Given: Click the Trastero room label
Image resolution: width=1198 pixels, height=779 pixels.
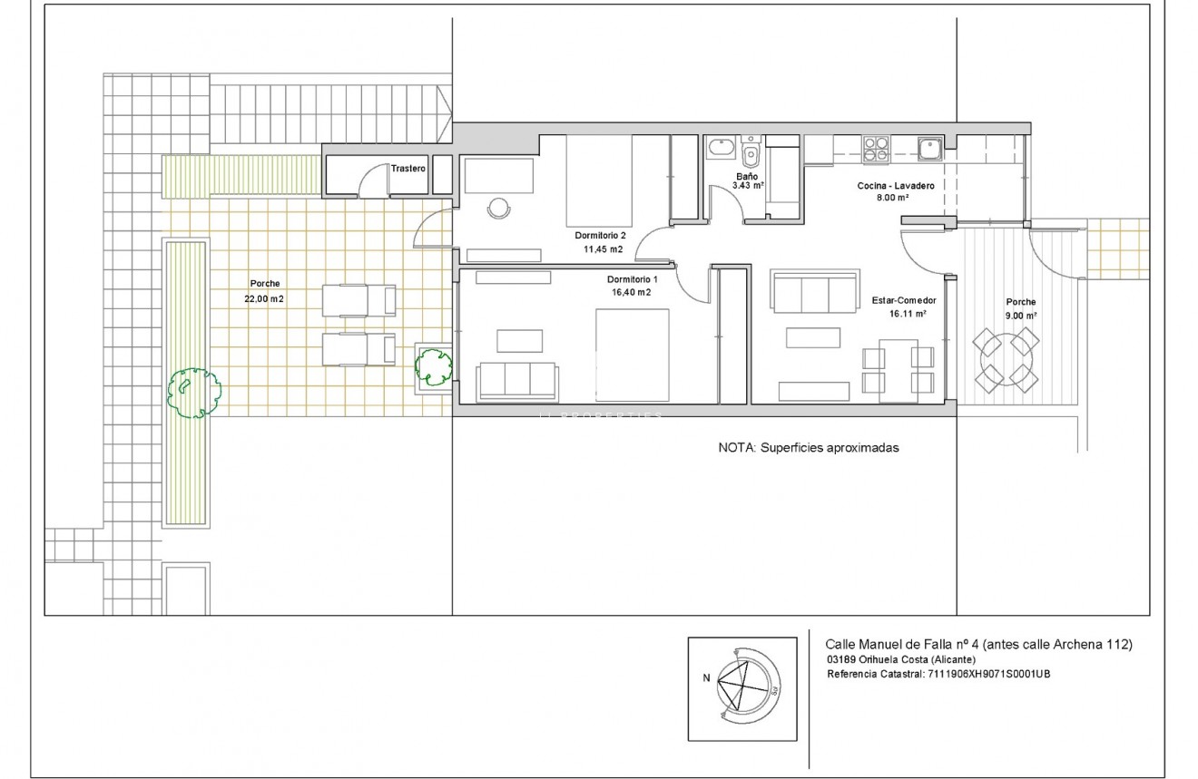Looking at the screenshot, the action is coord(408,169).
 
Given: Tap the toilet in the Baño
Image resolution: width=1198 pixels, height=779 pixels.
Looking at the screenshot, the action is coord(751,151).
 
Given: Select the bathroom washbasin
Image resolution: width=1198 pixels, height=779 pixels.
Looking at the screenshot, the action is coord(722,147).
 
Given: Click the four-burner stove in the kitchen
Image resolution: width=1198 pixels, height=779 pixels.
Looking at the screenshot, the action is coord(876,149).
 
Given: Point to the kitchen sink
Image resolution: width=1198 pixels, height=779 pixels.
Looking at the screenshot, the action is coord(930,149).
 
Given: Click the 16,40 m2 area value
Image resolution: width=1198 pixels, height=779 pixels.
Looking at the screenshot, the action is coord(631,292).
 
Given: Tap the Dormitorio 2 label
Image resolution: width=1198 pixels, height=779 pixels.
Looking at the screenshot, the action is coord(600,235).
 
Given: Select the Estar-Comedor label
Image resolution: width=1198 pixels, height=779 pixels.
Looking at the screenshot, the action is coord(904,300).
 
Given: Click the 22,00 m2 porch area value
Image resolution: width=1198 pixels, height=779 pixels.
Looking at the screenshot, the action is coord(264,298).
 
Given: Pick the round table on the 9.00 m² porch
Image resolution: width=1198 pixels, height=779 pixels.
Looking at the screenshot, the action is coord(1006,360).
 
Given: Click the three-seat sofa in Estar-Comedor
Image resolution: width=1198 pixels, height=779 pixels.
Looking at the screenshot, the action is coord(814,291).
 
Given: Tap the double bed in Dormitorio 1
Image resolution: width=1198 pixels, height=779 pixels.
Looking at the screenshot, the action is coord(633,355).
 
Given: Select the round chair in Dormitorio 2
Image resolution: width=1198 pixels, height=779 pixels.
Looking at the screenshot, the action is coord(498,209).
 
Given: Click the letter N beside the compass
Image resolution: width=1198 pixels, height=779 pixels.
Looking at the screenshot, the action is coord(706,678).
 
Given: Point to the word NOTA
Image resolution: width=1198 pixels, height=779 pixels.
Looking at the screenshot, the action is coord(736,448).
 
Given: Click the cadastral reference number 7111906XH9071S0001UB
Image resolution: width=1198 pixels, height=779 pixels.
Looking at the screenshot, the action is coord(989,675).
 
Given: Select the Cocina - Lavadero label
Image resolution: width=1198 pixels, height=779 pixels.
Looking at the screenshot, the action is coord(896,186).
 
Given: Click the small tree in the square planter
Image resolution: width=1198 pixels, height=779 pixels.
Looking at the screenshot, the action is coord(434,367).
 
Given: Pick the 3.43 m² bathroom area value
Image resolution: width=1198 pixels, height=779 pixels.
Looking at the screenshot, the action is coord(748,186).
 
